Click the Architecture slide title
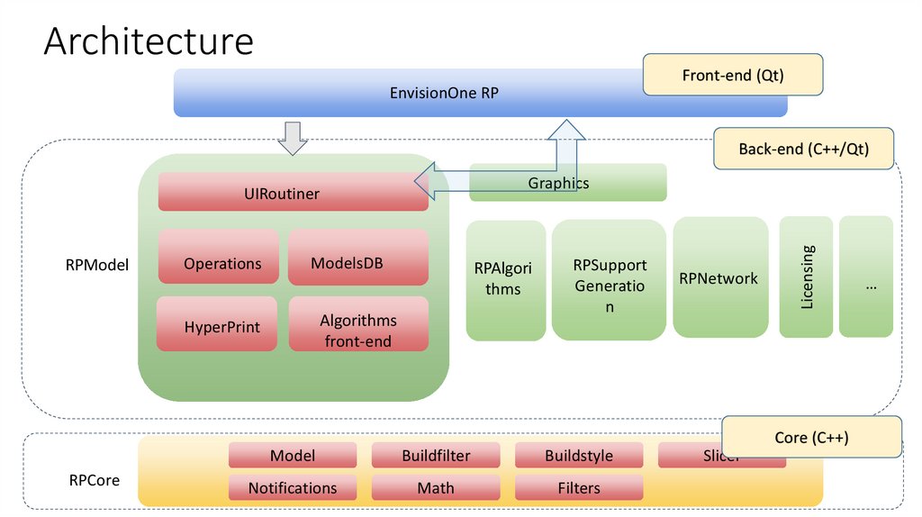(149, 42)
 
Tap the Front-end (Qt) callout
(733, 76)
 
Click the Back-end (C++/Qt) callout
(803, 149)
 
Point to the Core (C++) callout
(811, 438)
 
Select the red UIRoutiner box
(293, 193)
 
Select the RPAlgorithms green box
(506, 280)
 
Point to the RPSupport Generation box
(610, 281)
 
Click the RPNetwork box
(719, 277)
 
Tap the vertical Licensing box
(806, 277)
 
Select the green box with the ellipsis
(866, 277)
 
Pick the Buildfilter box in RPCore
(435, 456)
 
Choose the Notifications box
(293, 488)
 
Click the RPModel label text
(97, 265)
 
